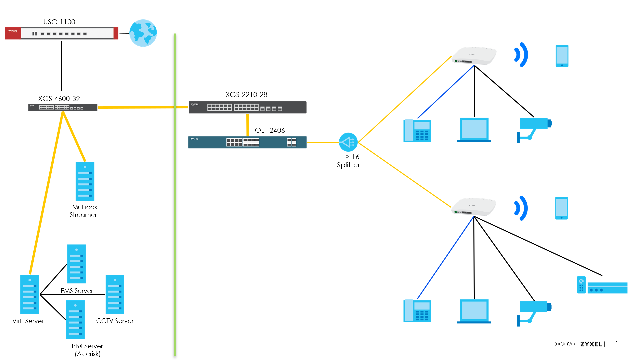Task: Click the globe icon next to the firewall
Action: point(143,33)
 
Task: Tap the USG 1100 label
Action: point(59,22)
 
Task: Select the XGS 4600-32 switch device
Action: point(63,107)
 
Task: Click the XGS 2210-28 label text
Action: point(246,95)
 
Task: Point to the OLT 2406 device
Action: point(247,142)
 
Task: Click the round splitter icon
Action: point(348,142)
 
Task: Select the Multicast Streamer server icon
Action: point(85,181)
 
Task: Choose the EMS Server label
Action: point(77,291)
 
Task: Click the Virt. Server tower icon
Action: point(30,294)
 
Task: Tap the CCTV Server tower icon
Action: point(115,294)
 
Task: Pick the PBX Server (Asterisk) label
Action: point(87,350)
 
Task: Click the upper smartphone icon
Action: point(562,56)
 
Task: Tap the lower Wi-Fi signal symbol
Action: point(521,208)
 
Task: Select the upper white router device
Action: point(474,56)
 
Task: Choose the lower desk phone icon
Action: point(417,311)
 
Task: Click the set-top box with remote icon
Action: point(602,285)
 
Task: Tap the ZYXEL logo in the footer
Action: point(591,344)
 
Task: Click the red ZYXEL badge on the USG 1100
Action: point(13,33)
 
